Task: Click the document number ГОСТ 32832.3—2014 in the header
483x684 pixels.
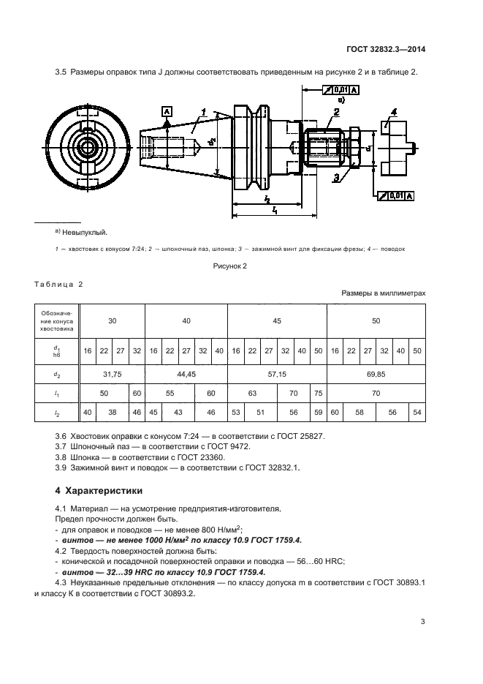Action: click(387, 50)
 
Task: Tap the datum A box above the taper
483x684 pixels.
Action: click(167, 110)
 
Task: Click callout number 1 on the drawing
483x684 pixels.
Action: click(205, 113)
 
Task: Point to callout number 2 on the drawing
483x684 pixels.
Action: click(336, 112)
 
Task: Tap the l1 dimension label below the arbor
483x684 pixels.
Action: click(274, 209)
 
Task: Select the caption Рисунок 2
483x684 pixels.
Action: click(229, 266)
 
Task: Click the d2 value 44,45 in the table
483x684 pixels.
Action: click(186, 374)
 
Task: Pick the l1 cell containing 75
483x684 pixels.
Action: click(318, 393)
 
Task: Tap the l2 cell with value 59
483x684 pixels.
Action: click(318, 412)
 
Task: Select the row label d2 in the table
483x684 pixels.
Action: click(57, 374)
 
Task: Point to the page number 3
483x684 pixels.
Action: click(423, 622)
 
